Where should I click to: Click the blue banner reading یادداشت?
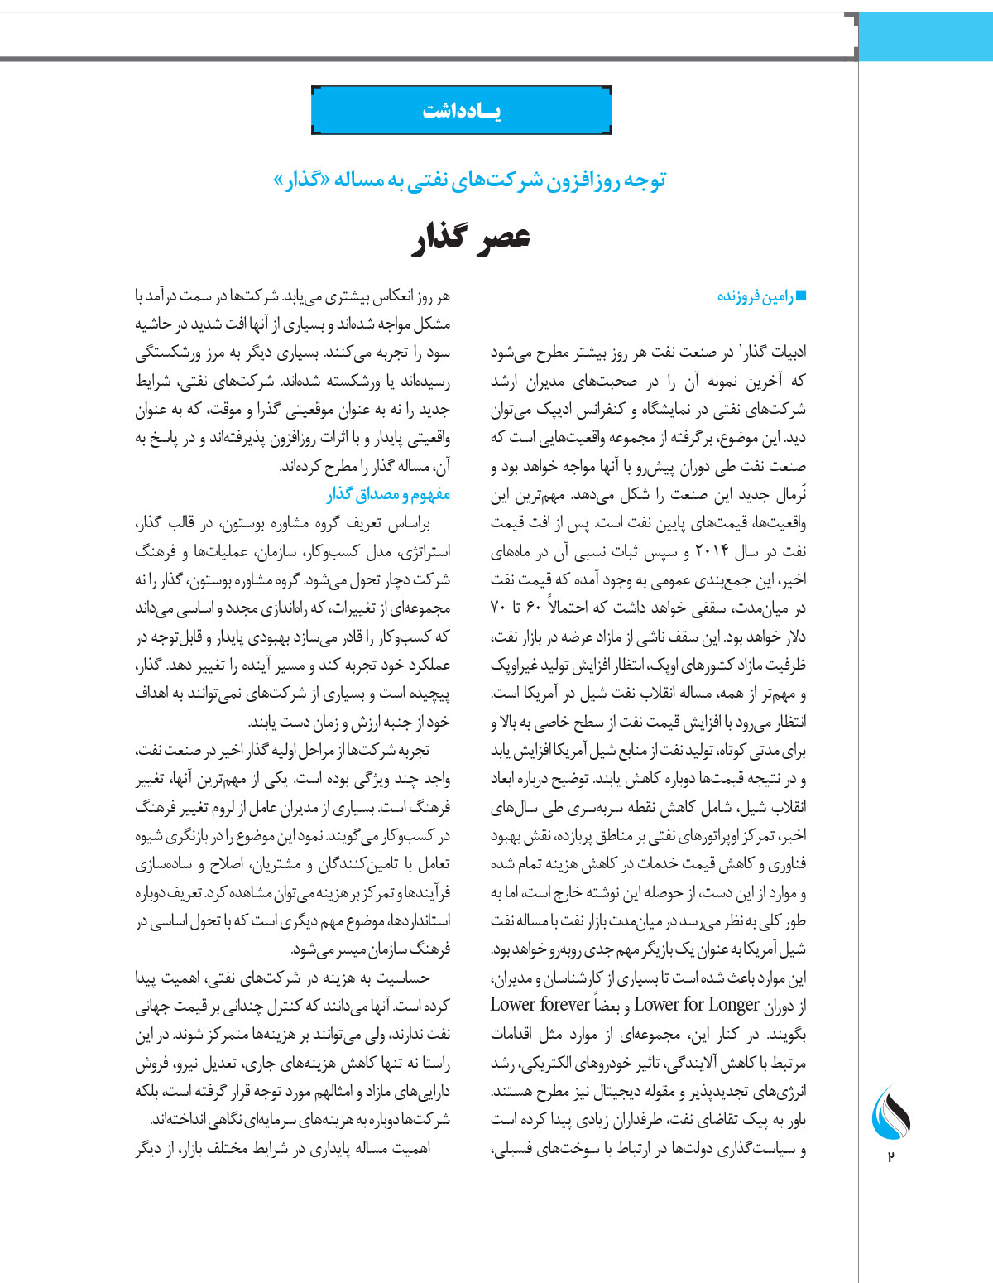(x=462, y=110)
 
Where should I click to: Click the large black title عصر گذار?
(x=471, y=238)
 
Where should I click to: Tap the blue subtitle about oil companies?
(x=470, y=180)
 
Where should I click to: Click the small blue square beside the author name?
(x=800, y=296)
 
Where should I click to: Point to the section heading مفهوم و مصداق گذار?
(x=388, y=495)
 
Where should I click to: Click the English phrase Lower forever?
(x=540, y=1005)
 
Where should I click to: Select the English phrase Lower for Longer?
(x=697, y=1005)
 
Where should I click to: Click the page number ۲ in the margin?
(x=890, y=1156)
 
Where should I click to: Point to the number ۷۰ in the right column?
(x=499, y=608)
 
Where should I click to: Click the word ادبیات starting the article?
(x=787, y=353)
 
